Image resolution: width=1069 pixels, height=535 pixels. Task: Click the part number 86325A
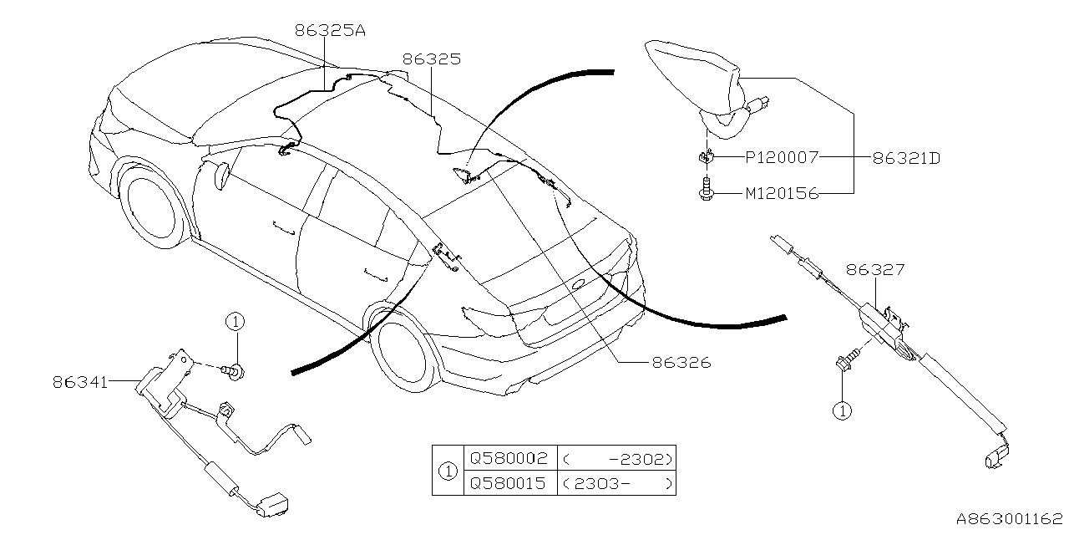tap(330, 32)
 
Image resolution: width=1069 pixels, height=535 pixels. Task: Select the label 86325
tap(431, 59)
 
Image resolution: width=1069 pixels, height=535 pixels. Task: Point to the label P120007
tap(782, 156)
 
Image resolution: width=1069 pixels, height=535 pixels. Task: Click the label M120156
tap(782, 194)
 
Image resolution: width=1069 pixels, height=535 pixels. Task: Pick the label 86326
tap(681, 363)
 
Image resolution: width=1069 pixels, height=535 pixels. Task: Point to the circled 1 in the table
tap(448, 471)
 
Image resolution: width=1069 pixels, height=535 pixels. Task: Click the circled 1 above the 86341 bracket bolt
tap(236, 321)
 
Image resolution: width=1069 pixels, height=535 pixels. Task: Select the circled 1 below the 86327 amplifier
tap(844, 410)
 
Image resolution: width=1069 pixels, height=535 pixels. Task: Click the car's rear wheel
tap(404, 352)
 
